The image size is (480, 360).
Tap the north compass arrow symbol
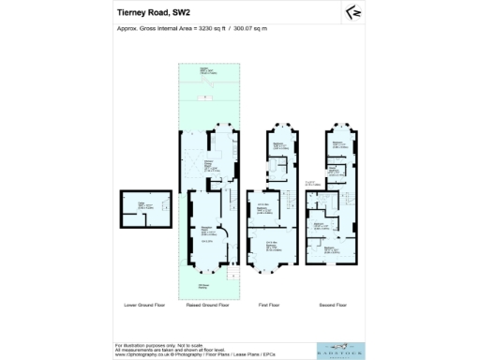353,12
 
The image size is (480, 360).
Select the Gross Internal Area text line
191,29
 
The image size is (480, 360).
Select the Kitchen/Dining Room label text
213,167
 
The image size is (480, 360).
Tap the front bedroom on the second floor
332,250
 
